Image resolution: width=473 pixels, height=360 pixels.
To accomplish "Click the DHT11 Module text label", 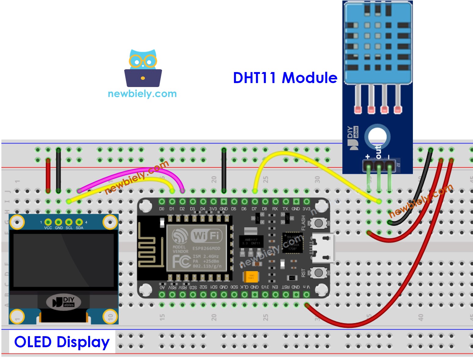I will (285, 78).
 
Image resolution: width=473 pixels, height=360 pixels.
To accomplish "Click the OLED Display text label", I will (62, 342).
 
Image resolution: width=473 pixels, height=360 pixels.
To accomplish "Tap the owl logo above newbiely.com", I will (143, 68).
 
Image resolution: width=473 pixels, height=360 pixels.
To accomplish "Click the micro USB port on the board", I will (323, 248).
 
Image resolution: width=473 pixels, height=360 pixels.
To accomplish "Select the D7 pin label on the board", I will (254, 209).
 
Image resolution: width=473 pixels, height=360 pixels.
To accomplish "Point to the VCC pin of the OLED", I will (48, 222).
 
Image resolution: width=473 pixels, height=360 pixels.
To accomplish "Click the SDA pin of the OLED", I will (79, 222).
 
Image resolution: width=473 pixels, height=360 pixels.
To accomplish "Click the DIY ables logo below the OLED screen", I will (64, 302).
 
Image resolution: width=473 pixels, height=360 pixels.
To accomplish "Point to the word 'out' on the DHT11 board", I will (378, 151).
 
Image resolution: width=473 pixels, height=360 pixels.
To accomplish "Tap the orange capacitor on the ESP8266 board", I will (251, 277).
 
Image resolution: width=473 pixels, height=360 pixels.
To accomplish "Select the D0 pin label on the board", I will (162, 209).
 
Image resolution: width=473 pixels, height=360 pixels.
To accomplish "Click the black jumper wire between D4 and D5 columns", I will (224, 170).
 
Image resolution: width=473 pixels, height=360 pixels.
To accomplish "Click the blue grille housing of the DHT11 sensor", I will (378, 43).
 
